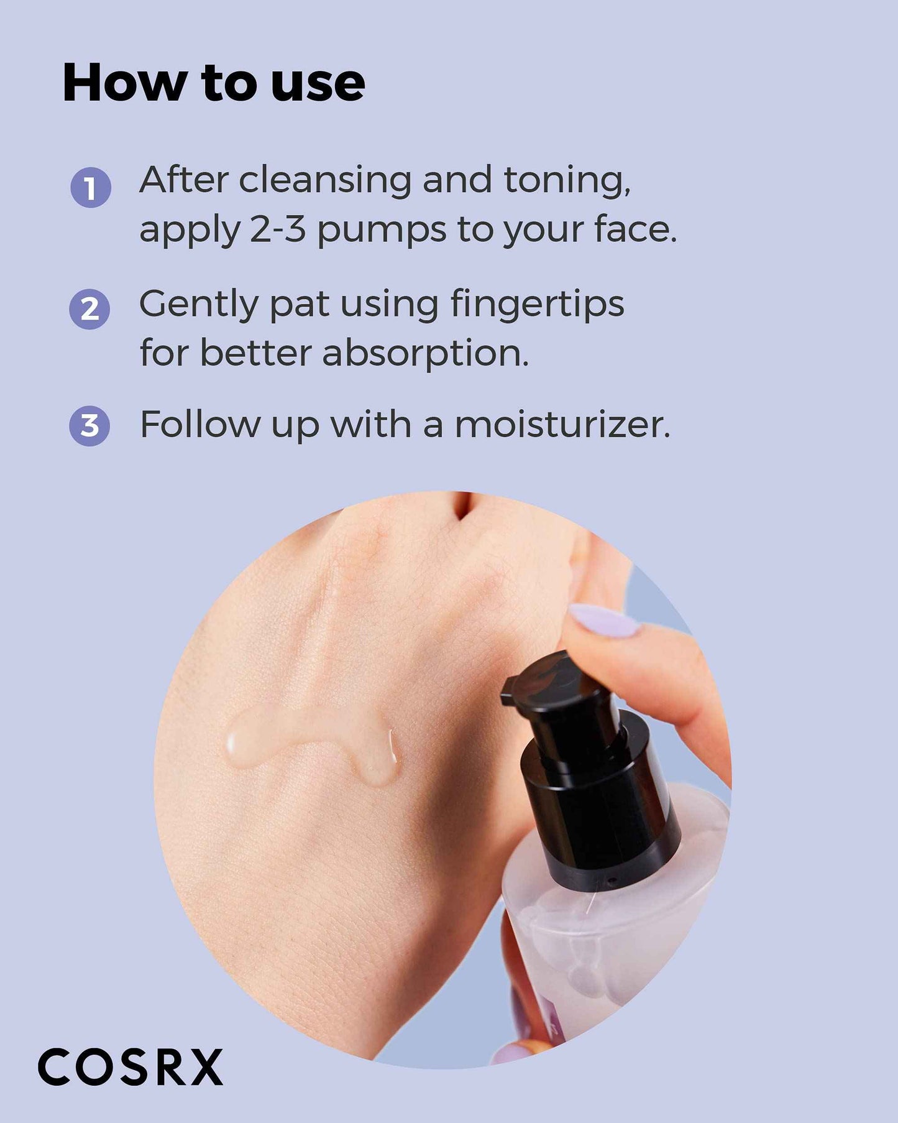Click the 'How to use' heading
[214, 83]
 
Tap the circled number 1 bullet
[91, 187]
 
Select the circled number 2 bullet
[90, 309]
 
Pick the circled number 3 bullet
[89, 426]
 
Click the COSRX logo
[131, 1067]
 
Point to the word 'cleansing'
[325, 180]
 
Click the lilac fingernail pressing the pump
[603, 621]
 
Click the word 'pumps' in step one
[382, 231]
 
